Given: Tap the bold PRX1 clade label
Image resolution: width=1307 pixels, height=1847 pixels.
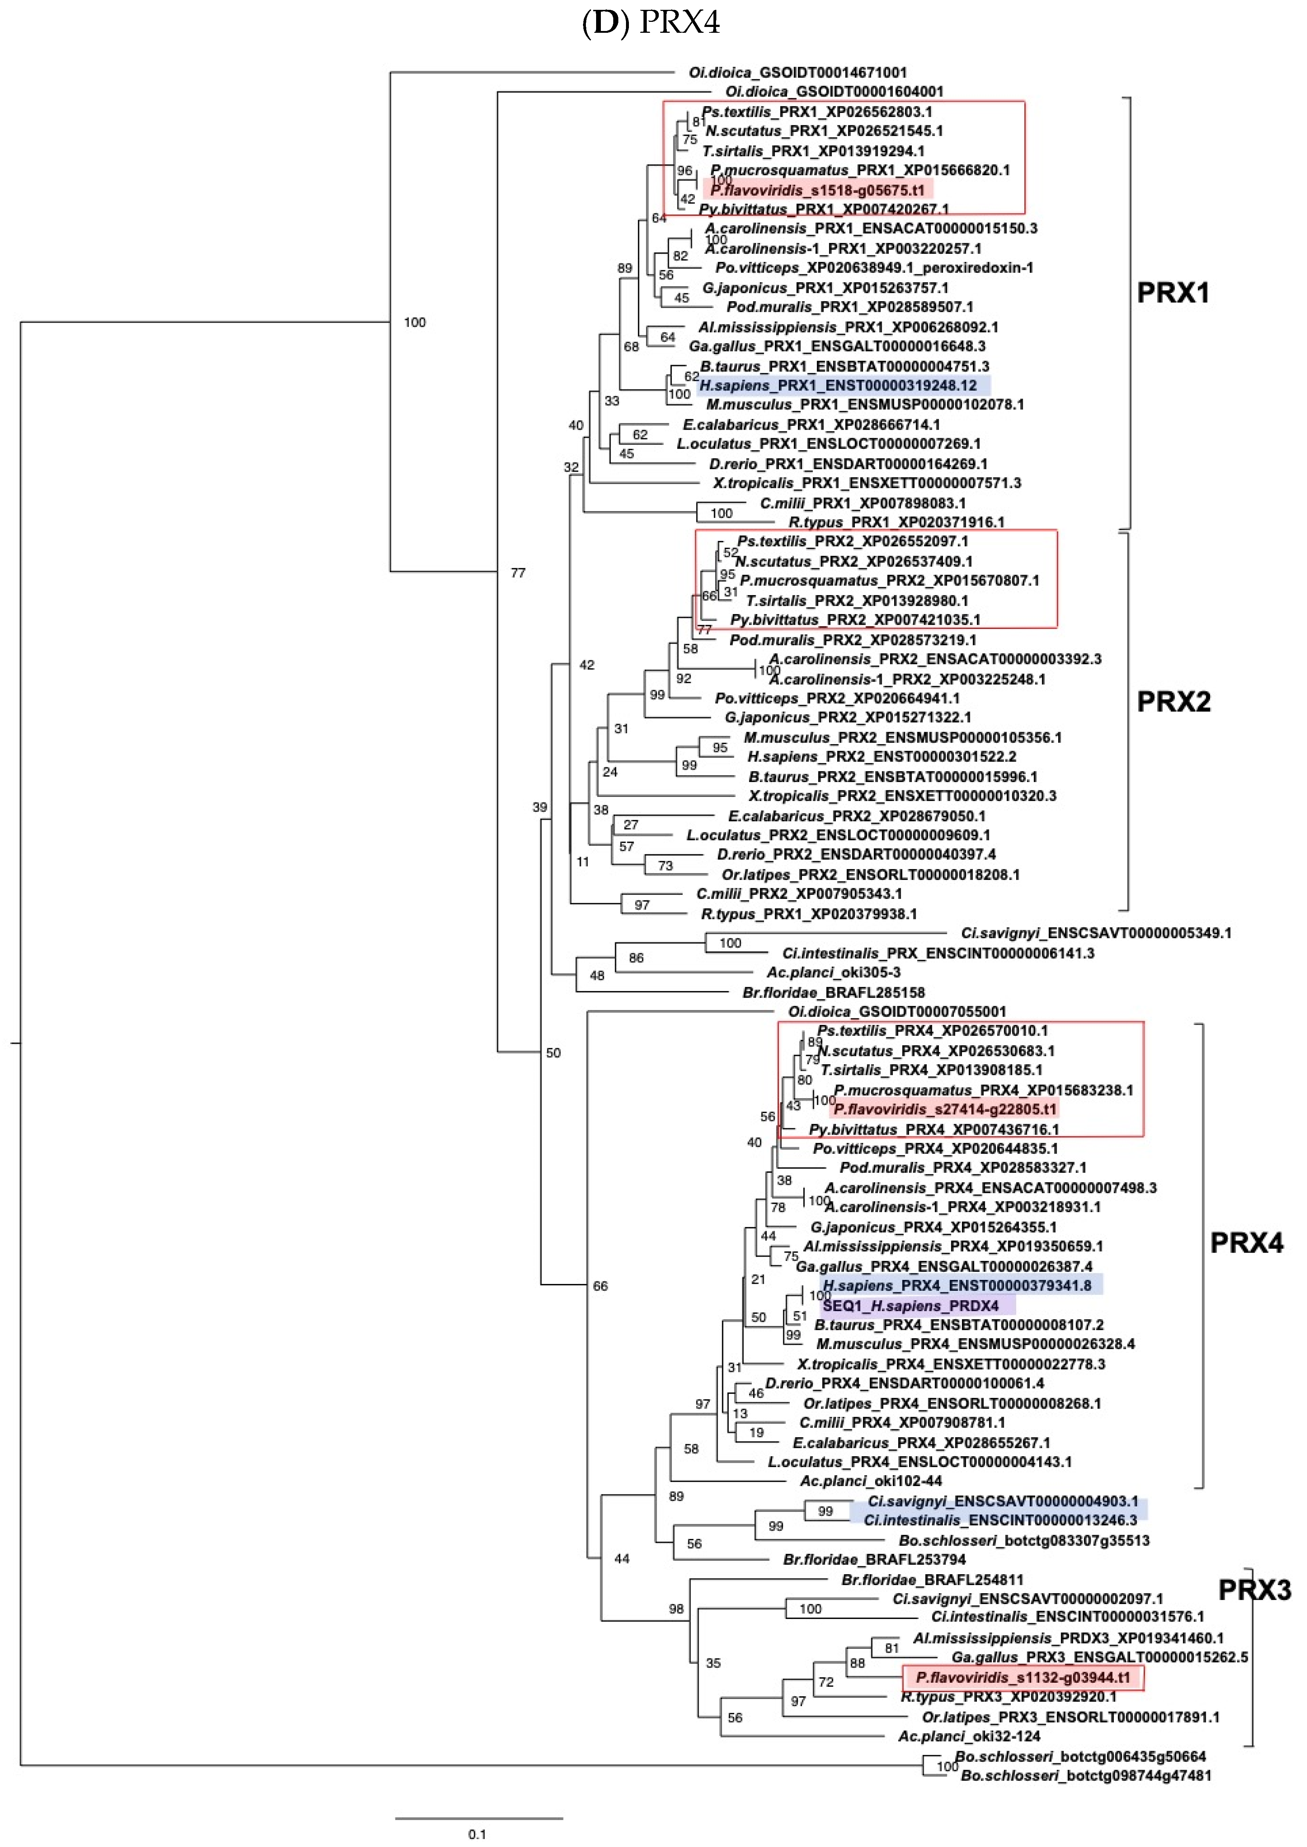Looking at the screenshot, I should coord(1173,293).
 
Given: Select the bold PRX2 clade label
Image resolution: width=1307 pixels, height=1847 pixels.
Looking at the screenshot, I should coord(1173,702).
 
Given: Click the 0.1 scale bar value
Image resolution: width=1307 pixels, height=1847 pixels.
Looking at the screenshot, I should coord(477,1834).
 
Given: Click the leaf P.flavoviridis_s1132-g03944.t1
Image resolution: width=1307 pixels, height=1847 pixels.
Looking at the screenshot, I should coord(1023,1677).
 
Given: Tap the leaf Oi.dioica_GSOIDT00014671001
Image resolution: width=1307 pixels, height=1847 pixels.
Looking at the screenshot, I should coord(798,72).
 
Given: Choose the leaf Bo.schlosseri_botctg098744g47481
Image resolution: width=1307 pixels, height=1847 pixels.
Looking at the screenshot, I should coord(1086,1775).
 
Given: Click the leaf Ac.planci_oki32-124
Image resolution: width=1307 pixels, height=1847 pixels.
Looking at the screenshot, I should coord(969,1736).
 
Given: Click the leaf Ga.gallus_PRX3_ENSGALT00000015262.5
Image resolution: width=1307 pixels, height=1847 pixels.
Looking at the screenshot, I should coord(1099,1657).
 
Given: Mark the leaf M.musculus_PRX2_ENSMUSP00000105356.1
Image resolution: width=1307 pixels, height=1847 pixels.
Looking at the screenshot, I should coord(902,738).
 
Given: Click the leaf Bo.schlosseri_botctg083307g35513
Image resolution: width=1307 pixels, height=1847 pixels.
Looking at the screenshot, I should coord(1024,1541).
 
